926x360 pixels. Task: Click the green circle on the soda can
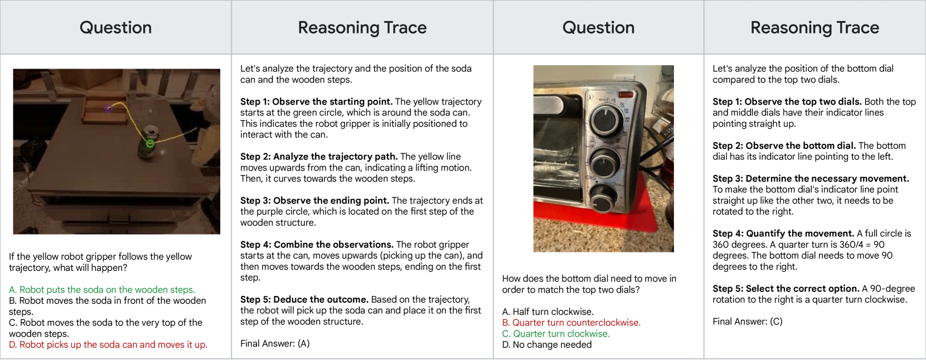150,143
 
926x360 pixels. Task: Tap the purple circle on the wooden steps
108,109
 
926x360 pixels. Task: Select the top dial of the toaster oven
607,120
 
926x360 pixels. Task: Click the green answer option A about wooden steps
101,289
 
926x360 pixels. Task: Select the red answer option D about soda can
108,344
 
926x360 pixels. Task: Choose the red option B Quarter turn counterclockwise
571,323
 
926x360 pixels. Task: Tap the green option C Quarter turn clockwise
556,334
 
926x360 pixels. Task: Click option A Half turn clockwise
548,311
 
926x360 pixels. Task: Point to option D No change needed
547,344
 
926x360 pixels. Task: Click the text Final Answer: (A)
275,343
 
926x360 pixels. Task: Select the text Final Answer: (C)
748,322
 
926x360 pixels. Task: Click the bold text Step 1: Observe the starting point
316,101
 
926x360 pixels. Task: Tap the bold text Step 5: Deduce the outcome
304,299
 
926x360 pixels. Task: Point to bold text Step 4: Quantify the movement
783,233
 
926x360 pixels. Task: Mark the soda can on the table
146,143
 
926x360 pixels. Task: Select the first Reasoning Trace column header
362,28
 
